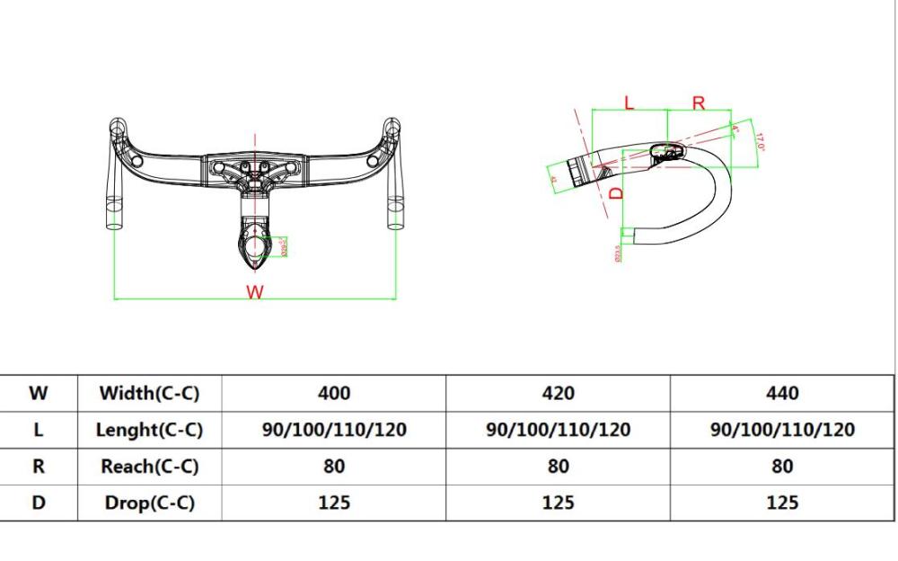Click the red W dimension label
[255, 292]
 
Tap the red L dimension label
[629, 102]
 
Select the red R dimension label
[699, 102]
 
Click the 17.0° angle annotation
[759, 141]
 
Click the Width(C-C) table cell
[149, 393]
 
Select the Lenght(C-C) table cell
[149, 430]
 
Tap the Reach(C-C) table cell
[149, 467]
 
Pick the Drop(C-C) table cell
[149, 503]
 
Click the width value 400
[334, 393]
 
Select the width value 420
[558, 393]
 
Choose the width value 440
[782, 393]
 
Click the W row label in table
[39, 393]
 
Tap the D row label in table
[39, 503]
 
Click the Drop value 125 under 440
[782, 503]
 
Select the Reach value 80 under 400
[334, 467]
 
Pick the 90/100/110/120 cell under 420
[558, 430]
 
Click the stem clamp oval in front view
[256, 243]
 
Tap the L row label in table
[39, 430]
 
